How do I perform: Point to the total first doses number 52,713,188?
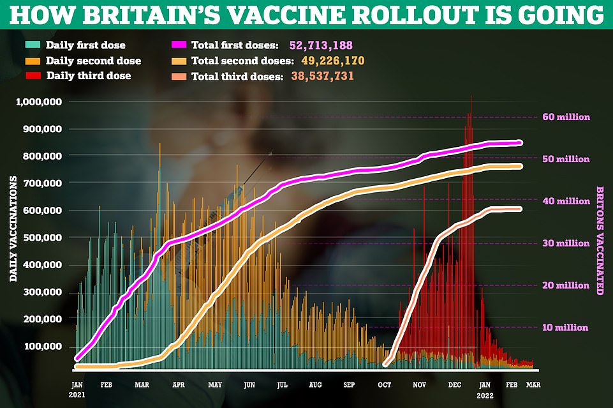pos(320,46)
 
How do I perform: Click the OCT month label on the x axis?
pos(385,386)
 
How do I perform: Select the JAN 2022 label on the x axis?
pos(485,389)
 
